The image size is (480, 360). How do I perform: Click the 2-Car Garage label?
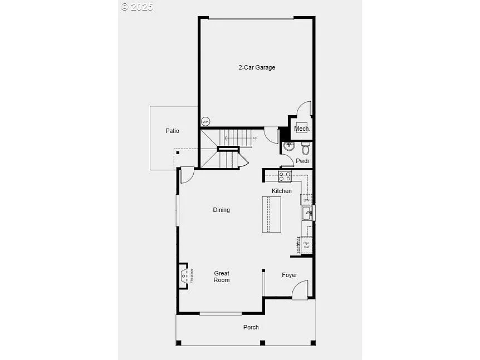click(257, 67)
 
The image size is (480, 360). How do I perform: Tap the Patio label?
click(172, 131)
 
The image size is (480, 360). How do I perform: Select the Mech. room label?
click(302, 129)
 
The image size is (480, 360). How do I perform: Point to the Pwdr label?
click(302, 161)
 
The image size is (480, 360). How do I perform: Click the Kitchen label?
click(281, 191)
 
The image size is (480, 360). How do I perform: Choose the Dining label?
click(221, 210)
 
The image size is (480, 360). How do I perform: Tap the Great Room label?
click(222, 277)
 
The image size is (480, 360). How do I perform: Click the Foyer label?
click(289, 275)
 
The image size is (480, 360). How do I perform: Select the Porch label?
click(251, 327)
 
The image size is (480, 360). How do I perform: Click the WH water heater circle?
click(205, 122)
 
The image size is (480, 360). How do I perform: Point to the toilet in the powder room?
click(305, 149)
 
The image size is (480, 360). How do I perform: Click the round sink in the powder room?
click(288, 147)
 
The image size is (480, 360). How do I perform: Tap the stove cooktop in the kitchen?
click(285, 176)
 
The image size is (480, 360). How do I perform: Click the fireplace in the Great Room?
click(184, 275)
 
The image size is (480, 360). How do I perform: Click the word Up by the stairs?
click(255, 138)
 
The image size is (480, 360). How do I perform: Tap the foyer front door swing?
click(301, 289)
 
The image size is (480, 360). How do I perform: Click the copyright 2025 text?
click(137, 7)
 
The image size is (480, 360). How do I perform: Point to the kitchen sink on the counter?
click(307, 213)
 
